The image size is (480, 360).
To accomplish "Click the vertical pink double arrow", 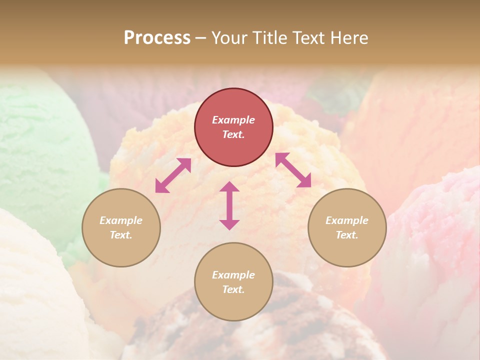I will (x=229, y=205).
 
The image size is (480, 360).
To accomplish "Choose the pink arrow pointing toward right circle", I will (x=293, y=170).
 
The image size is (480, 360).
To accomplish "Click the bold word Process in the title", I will (x=157, y=37).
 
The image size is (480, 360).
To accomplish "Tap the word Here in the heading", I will (x=349, y=37).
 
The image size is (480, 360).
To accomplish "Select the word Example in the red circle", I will (x=233, y=120).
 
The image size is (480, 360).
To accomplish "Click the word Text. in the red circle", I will (x=233, y=134).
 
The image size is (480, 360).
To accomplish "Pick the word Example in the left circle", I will (x=121, y=220).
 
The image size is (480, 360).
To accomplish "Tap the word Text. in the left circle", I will (x=121, y=235).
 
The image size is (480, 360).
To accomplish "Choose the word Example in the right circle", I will (x=347, y=220).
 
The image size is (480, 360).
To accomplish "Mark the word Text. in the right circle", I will (x=347, y=235).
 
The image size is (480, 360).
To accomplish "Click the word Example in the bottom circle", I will (x=233, y=275).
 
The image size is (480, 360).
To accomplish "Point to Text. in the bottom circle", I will (x=233, y=289).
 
